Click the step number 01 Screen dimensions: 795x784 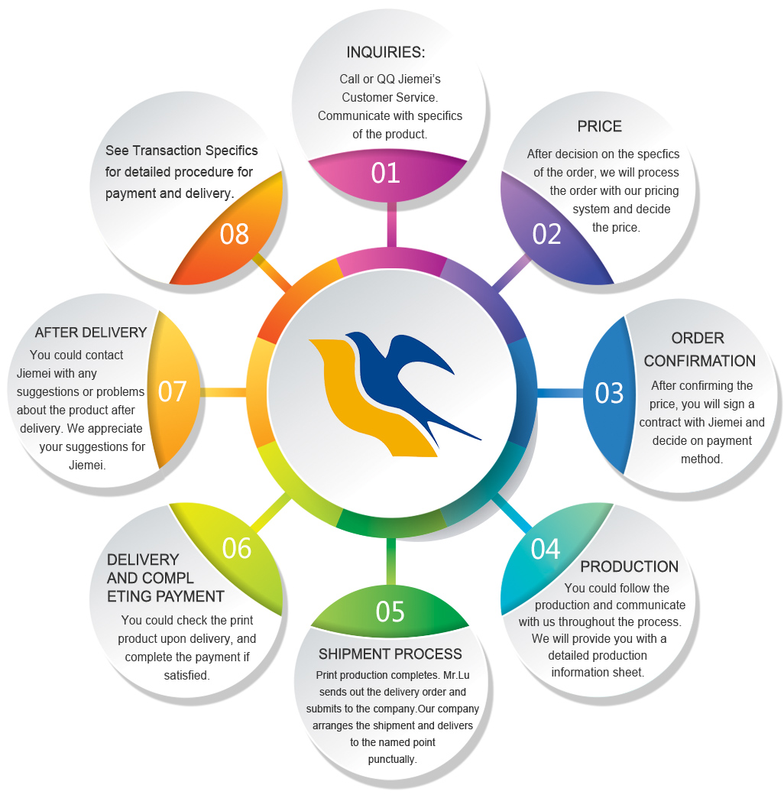point(386,173)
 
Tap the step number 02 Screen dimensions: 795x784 point(547,234)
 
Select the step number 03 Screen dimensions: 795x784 point(610,392)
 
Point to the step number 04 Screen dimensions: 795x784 point(546,549)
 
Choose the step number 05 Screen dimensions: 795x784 point(390,612)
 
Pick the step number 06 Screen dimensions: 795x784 point(237,548)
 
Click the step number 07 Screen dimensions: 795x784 point(173,391)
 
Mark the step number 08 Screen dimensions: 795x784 point(235,234)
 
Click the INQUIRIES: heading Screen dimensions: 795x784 point(385,53)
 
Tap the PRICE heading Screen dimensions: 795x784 point(599,127)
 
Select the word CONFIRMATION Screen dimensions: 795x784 point(700,361)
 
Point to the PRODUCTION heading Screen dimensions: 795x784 point(629,566)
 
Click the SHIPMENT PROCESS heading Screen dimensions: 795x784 point(390,654)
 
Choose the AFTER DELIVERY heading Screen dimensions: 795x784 point(90,333)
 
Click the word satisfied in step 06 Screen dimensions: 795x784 point(186,675)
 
